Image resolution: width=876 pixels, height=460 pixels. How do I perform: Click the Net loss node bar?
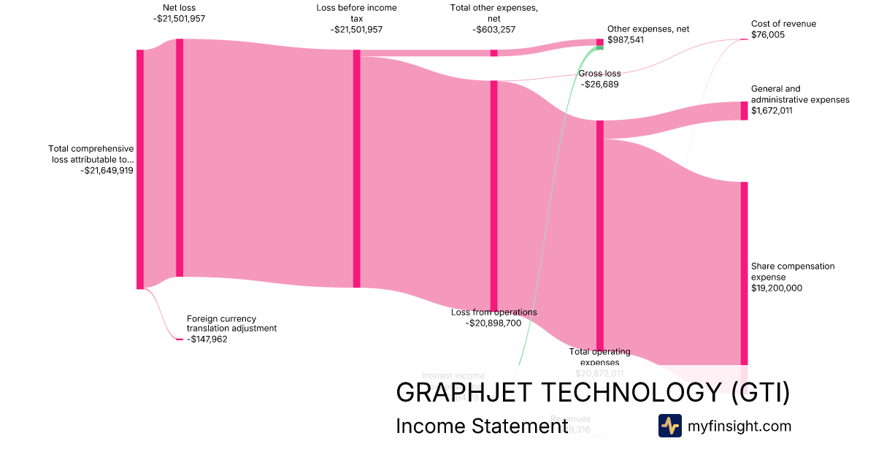[180, 158]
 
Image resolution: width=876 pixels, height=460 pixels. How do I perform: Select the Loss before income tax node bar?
[357, 169]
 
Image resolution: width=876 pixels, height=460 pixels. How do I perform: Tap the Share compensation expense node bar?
[745, 273]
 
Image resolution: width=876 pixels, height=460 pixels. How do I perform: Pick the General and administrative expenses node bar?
[745, 110]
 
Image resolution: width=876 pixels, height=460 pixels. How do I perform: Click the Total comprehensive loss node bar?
[140, 169]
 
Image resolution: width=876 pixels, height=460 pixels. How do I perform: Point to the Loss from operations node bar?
[493, 196]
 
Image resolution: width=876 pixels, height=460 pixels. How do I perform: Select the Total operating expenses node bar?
[600, 236]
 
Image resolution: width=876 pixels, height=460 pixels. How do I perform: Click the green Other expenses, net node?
[600, 43]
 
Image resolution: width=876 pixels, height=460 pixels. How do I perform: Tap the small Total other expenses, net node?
[493, 53]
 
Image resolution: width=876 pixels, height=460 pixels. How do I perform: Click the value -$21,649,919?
[107, 170]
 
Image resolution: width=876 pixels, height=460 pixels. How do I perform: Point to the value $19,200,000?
[777, 288]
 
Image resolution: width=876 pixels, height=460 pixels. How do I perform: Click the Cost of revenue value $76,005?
[768, 34]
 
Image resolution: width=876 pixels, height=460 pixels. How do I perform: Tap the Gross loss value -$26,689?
[599, 85]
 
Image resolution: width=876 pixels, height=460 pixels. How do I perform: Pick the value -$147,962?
[207, 339]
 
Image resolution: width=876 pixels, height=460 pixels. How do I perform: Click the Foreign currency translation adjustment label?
[231, 323]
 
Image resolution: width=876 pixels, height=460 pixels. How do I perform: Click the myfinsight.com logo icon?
[669, 426]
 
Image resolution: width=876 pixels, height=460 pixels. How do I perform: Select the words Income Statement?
[482, 426]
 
